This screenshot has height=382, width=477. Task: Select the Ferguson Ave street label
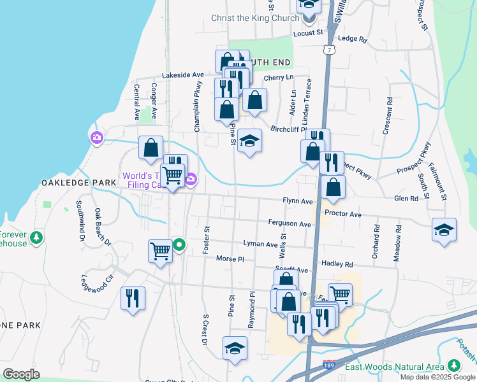click(x=290, y=224)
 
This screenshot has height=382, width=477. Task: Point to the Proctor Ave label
click(x=342, y=214)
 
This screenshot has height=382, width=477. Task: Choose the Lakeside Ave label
click(x=182, y=75)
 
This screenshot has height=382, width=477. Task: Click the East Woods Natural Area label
click(x=394, y=367)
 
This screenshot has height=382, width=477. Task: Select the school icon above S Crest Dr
click(x=235, y=348)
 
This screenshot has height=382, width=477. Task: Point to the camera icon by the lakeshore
click(x=97, y=138)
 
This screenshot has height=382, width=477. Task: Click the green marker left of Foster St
click(x=180, y=244)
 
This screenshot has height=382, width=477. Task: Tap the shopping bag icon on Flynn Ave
click(x=333, y=187)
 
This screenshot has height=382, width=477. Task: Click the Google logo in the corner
click(x=21, y=374)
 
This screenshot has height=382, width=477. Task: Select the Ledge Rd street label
click(x=353, y=39)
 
